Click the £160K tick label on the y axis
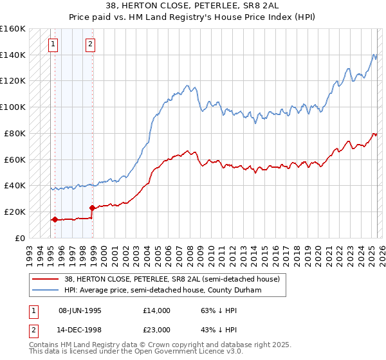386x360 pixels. [13, 29]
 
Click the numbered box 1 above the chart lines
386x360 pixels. [52, 44]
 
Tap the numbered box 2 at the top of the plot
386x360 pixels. [90, 44]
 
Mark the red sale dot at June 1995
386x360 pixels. [55, 219]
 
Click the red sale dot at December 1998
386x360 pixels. [92, 208]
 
